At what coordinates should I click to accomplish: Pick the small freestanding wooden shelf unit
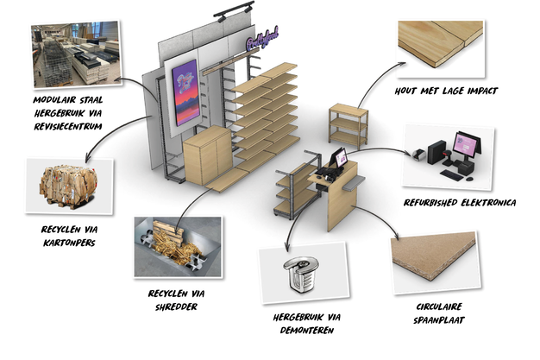pyautogui.click(x=348, y=124)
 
